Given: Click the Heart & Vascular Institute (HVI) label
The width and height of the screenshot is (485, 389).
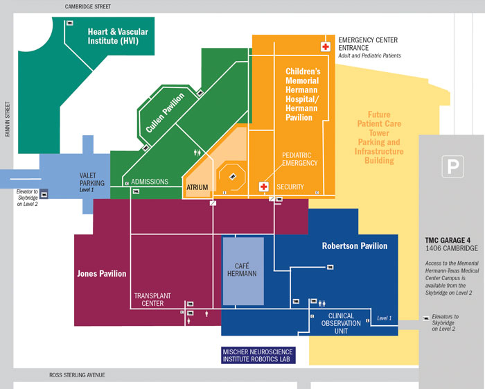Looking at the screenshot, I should point(118,36).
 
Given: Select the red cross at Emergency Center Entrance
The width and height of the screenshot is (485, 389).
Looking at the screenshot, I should point(325,46).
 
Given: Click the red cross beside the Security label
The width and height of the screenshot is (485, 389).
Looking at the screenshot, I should point(263,187).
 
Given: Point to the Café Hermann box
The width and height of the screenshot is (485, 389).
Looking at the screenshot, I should point(242,270).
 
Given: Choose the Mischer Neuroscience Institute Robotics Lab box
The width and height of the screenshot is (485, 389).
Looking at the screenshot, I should point(258,356).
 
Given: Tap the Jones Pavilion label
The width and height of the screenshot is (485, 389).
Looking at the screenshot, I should point(101,273).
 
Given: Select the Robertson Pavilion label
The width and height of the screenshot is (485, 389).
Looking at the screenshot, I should point(354,246).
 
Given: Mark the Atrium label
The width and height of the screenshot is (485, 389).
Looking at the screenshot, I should point(197,187).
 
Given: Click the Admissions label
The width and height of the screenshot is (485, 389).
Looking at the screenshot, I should point(150,182).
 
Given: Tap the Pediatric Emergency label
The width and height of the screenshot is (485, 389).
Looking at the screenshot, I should point(299,159).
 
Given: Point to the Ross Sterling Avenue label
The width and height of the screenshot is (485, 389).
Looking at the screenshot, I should point(76,375).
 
